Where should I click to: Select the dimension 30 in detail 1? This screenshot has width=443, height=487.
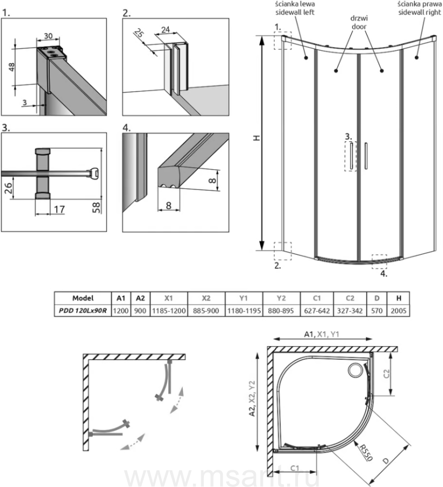click(48, 36)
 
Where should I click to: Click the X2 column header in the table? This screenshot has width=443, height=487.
click(206, 298)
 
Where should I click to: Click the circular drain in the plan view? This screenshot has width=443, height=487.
click(356, 370)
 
